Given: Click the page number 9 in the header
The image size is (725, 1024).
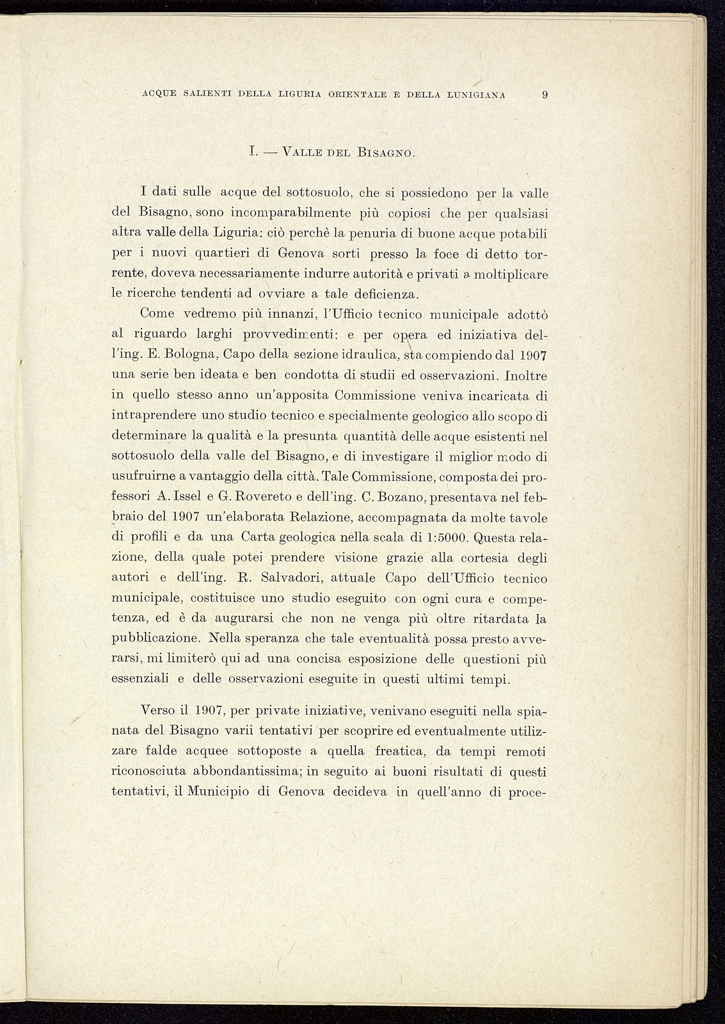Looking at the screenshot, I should (545, 95).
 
